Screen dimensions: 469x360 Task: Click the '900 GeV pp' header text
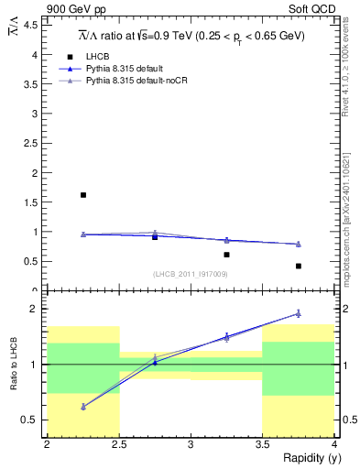coord(73,9)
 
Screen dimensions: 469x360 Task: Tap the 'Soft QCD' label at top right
coord(313,9)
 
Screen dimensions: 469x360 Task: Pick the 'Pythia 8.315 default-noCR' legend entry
coord(136,82)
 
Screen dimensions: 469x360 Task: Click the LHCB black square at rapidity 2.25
coord(83,195)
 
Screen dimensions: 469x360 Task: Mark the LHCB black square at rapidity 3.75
coord(299,266)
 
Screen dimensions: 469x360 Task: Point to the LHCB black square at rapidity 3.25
coord(227,255)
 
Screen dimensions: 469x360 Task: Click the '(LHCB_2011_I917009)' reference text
coord(190,274)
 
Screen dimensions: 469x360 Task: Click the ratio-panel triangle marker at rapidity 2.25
coord(83,406)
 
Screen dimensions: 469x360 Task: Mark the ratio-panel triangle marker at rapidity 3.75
coord(299,313)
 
